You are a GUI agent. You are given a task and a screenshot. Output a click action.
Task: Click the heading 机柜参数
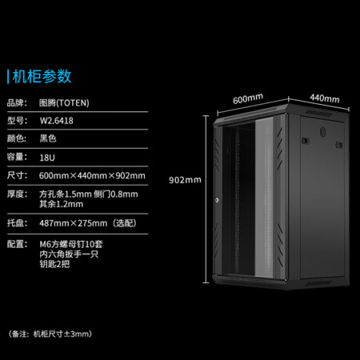click(x=42, y=77)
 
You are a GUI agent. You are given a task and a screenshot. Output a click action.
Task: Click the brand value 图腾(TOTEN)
click(x=64, y=103)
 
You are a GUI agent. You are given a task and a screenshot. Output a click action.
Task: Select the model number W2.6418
click(x=57, y=121)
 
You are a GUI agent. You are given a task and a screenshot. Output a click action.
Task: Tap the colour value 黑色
click(x=48, y=138)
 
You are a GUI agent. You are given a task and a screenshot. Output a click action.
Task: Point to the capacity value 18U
click(x=47, y=158)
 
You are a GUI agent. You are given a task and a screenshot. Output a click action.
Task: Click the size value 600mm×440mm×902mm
click(x=92, y=176)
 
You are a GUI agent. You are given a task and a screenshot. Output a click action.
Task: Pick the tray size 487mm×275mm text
click(x=74, y=223)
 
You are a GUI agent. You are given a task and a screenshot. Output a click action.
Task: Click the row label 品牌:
click(x=17, y=103)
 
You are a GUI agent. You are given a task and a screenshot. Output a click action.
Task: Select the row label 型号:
click(x=17, y=121)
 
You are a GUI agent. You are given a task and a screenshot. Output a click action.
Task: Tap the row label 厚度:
click(x=17, y=194)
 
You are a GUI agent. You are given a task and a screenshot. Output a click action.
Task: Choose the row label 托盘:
click(x=17, y=223)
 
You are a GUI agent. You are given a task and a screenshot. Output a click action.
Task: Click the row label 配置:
click(x=17, y=244)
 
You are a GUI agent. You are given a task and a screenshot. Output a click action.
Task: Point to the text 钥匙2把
click(x=54, y=264)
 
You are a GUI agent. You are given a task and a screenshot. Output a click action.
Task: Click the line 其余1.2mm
click(x=62, y=204)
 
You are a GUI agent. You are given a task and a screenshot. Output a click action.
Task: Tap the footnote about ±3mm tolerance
click(x=50, y=334)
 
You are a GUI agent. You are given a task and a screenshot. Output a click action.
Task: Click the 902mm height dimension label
click(x=185, y=180)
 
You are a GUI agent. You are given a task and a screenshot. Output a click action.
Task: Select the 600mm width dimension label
click(x=248, y=98)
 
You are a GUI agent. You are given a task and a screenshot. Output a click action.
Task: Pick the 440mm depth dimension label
click(x=325, y=98)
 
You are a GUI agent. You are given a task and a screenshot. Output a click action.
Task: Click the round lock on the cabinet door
click(x=217, y=200)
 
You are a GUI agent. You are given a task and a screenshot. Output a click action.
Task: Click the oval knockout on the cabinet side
click(x=323, y=132)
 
